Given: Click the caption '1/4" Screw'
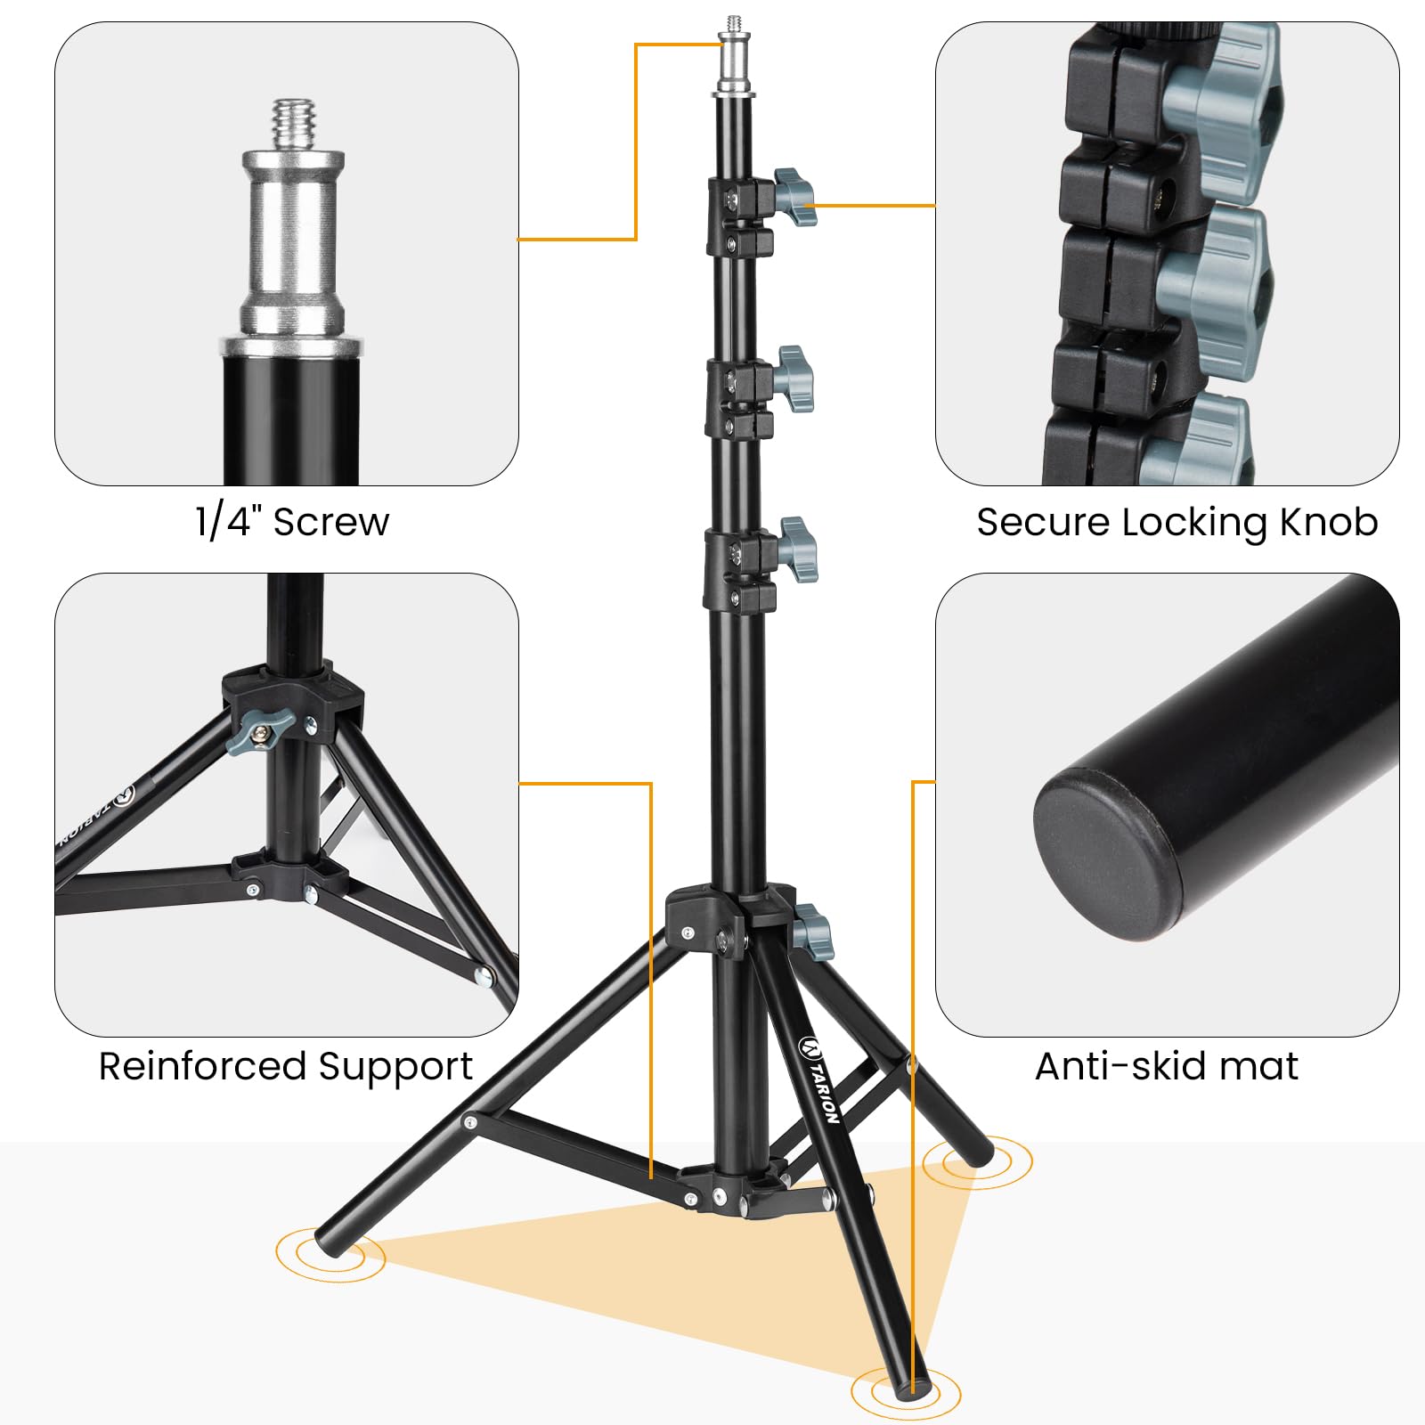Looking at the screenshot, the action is [x=292, y=522].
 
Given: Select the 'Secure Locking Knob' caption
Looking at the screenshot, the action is [x=1177, y=523].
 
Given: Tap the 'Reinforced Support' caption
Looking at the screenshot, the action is [x=285, y=1066].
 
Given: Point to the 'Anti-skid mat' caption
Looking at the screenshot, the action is [x=1167, y=1065].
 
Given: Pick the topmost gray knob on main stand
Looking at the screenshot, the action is [x=794, y=197].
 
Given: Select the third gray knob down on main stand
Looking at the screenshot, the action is [x=797, y=550].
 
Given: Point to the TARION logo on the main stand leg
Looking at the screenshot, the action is [x=818, y=1079].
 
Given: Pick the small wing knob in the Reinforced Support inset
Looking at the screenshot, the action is [x=259, y=731].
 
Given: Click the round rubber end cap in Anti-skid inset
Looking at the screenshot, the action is [x=1111, y=855].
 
